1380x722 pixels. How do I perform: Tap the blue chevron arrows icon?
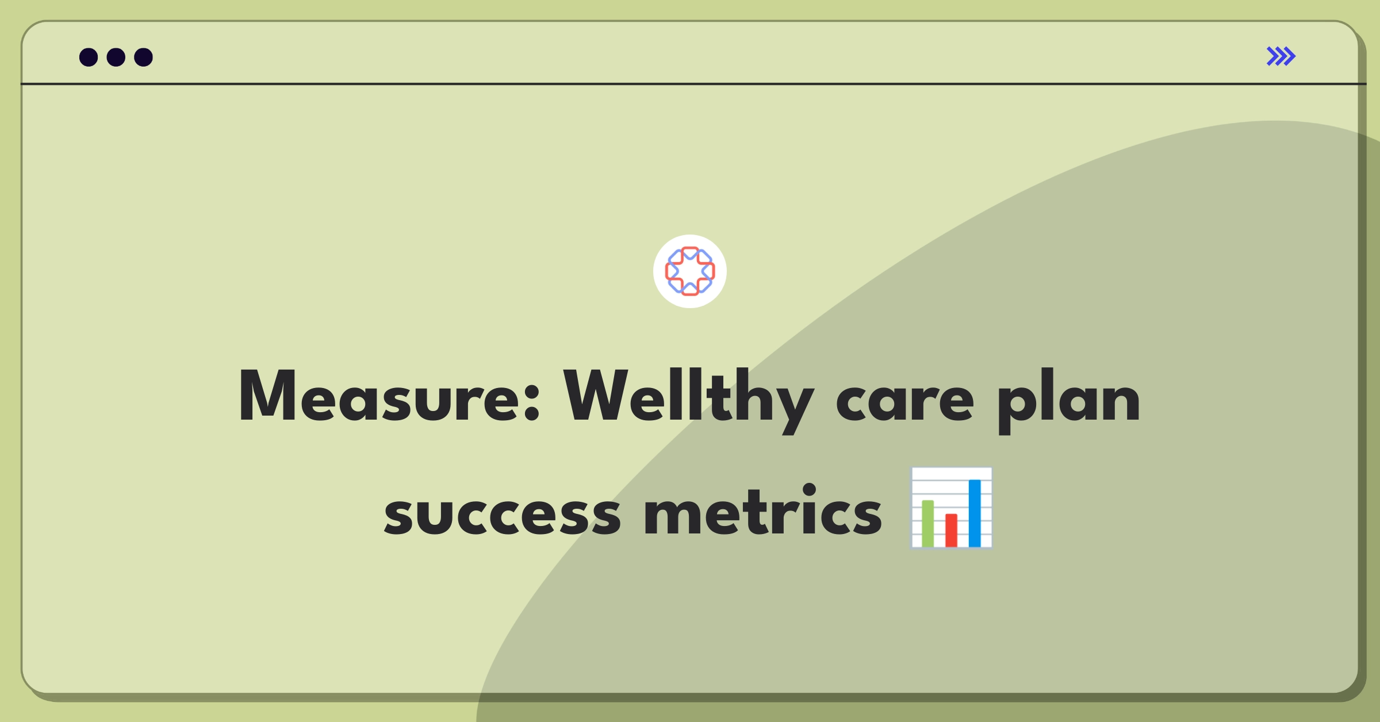pos(1281,56)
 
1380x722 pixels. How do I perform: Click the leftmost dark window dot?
pos(89,57)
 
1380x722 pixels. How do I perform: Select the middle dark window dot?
pos(116,57)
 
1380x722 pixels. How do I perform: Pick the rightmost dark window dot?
pos(143,57)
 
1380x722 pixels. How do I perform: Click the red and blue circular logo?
pos(690,271)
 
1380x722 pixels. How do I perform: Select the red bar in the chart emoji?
pos(951,530)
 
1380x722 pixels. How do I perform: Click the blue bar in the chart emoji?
pos(975,513)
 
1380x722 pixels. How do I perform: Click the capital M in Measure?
pos(267,397)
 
